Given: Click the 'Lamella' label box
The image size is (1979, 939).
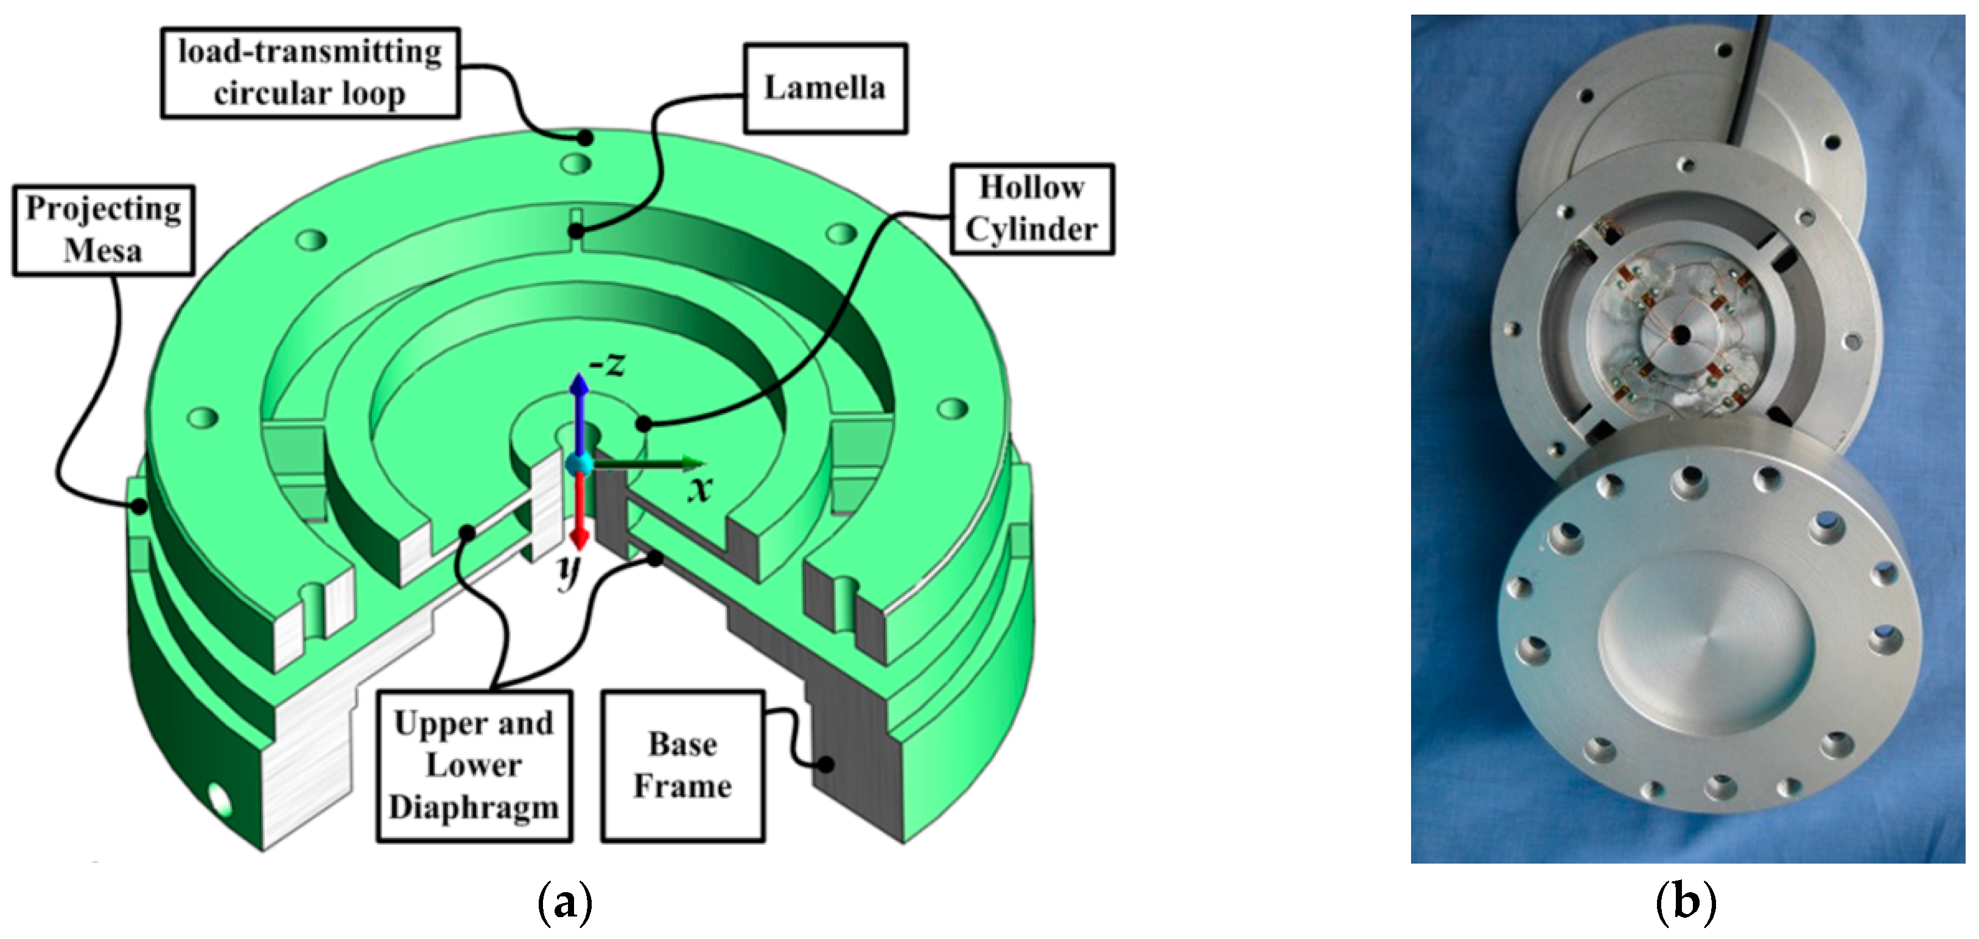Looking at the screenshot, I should [x=825, y=88].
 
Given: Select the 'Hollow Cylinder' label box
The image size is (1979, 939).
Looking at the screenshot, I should [x=1032, y=209].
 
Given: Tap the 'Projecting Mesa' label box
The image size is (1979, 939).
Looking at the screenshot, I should [x=103, y=229].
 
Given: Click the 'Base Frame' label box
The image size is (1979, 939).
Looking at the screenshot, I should [x=682, y=766].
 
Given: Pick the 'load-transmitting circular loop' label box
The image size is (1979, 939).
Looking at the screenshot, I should [x=310, y=72].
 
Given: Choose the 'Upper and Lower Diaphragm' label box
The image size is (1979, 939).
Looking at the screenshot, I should [x=474, y=766].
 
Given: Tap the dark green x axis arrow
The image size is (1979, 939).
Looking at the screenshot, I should [x=653, y=463].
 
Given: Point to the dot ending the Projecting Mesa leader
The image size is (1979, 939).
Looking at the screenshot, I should [x=139, y=506].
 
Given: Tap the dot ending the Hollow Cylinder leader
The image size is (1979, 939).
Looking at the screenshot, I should [x=644, y=423].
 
